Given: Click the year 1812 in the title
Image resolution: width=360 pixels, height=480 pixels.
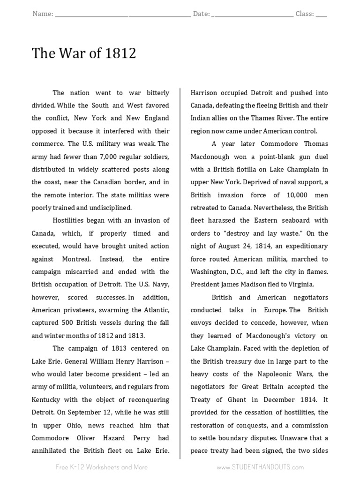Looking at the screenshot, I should [x=121, y=54].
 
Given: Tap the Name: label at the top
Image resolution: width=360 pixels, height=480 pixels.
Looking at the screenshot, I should [x=43, y=14].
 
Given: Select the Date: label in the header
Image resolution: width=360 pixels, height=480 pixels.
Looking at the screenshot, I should [x=201, y=14].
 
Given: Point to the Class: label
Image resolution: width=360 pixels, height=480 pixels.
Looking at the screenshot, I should [x=305, y=14].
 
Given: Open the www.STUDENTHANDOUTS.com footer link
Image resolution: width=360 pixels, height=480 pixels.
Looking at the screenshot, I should [x=260, y=467].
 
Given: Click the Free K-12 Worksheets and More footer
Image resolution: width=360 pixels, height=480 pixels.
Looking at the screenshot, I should [x=102, y=467].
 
